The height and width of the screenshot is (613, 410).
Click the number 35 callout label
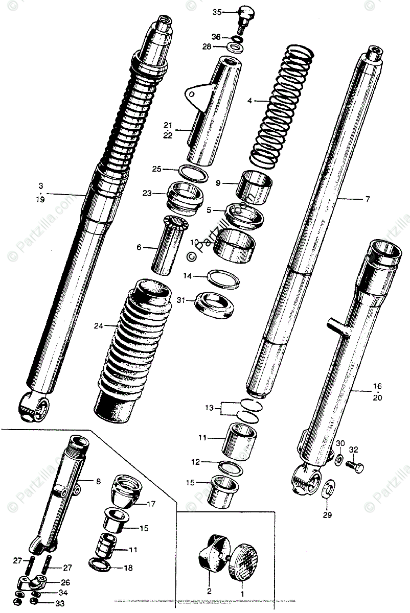pyautogui.click(x=217, y=12)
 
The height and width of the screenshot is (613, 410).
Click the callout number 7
pyautogui.click(x=367, y=199)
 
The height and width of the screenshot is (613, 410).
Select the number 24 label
pyautogui.click(x=99, y=325)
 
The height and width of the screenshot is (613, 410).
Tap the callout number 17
pyautogui.click(x=150, y=504)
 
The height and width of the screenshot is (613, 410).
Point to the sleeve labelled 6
pyautogui.click(x=166, y=245)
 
